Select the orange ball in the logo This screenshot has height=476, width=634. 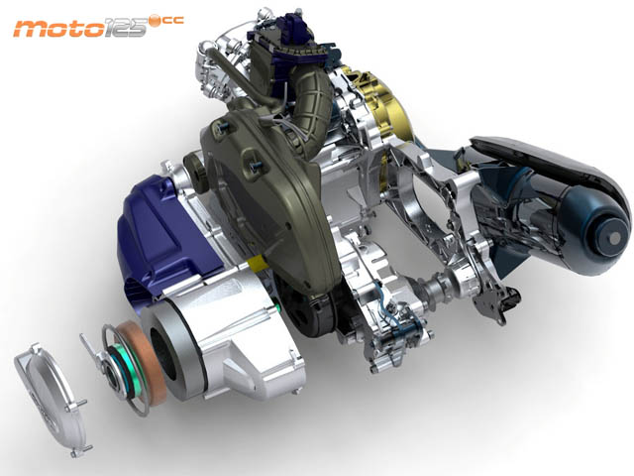click(x=155, y=21)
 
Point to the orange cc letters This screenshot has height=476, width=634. click(x=173, y=20)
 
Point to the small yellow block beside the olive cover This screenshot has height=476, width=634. click(x=258, y=264)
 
